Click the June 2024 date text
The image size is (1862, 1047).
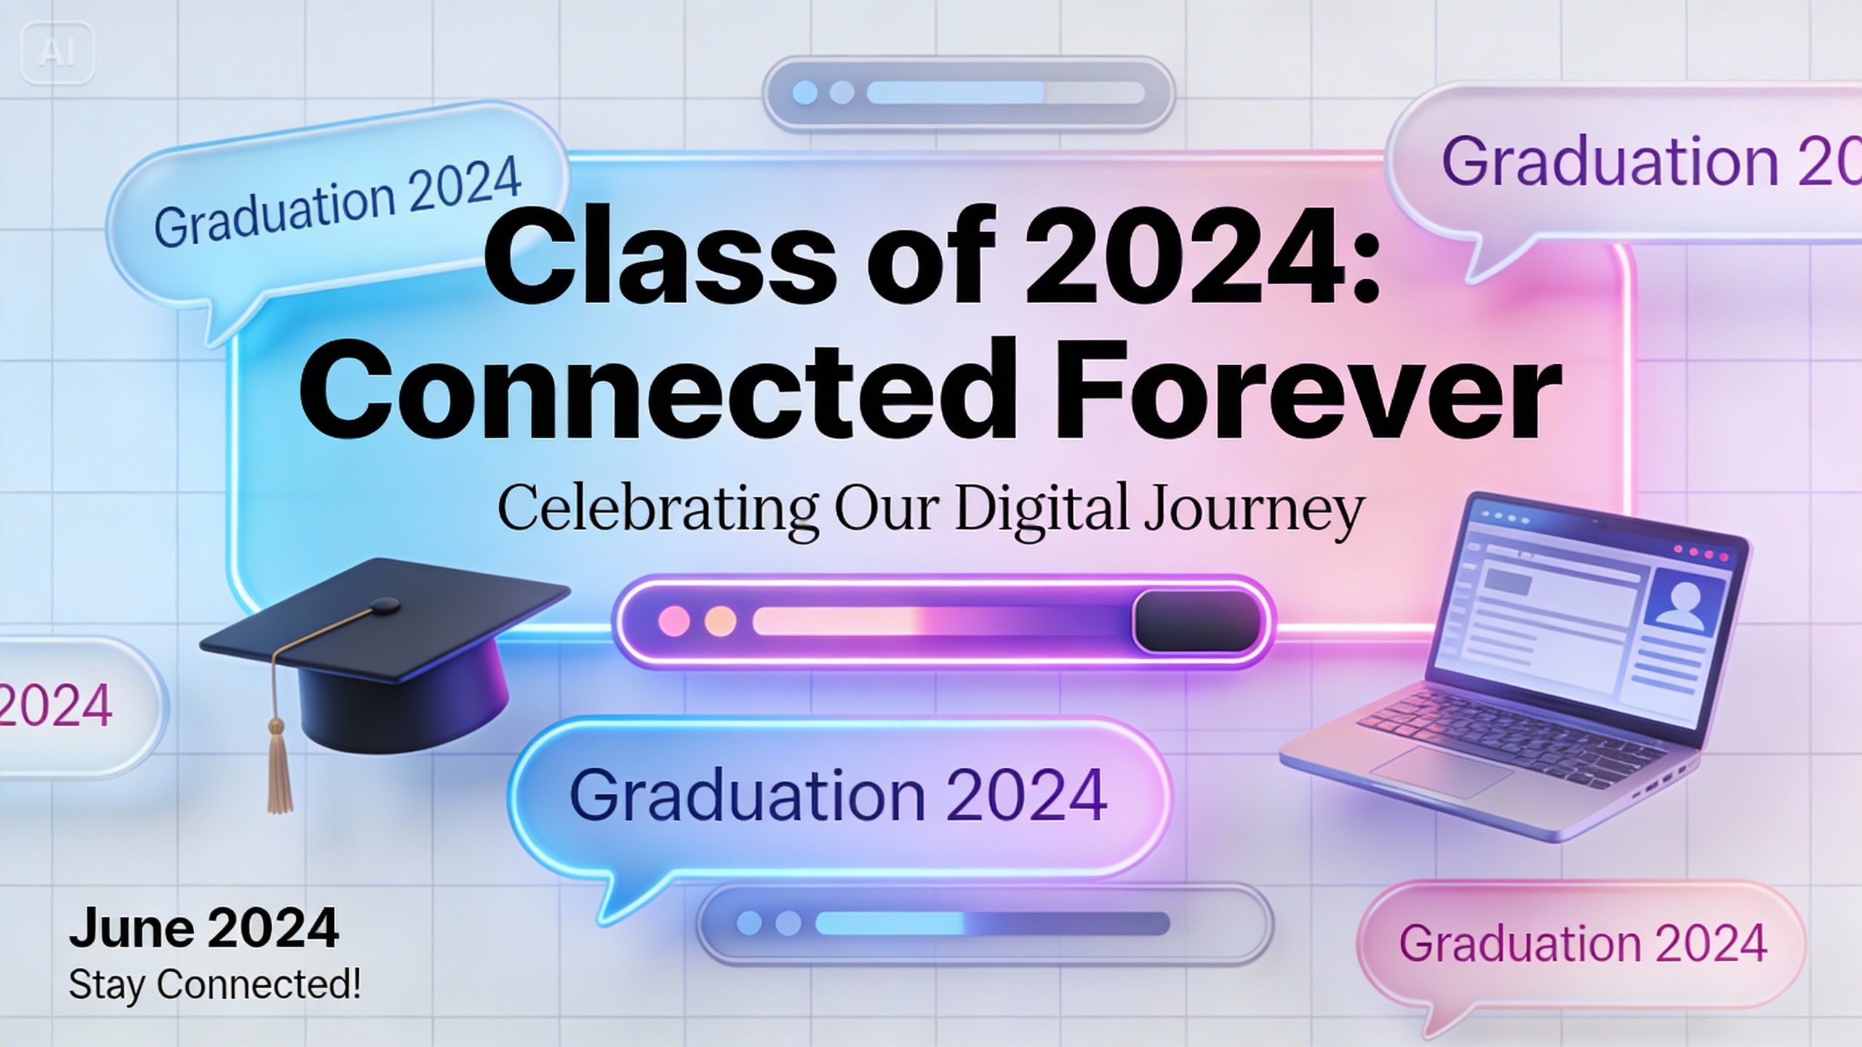click(x=204, y=928)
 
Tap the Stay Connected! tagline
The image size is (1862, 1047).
click(x=215, y=985)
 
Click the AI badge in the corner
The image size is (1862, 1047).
click(x=58, y=53)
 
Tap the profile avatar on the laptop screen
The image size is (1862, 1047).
click(x=1686, y=604)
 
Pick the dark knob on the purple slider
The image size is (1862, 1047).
click(x=1197, y=621)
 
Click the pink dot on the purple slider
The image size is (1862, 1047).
click(x=674, y=622)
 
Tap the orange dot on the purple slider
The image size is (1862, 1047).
click(x=720, y=622)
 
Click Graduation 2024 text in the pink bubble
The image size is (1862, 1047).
click(x=1583, y=944)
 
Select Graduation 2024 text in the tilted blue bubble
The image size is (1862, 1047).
click(x=337, y=201)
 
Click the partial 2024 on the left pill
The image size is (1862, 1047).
click(x=55, y=705)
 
